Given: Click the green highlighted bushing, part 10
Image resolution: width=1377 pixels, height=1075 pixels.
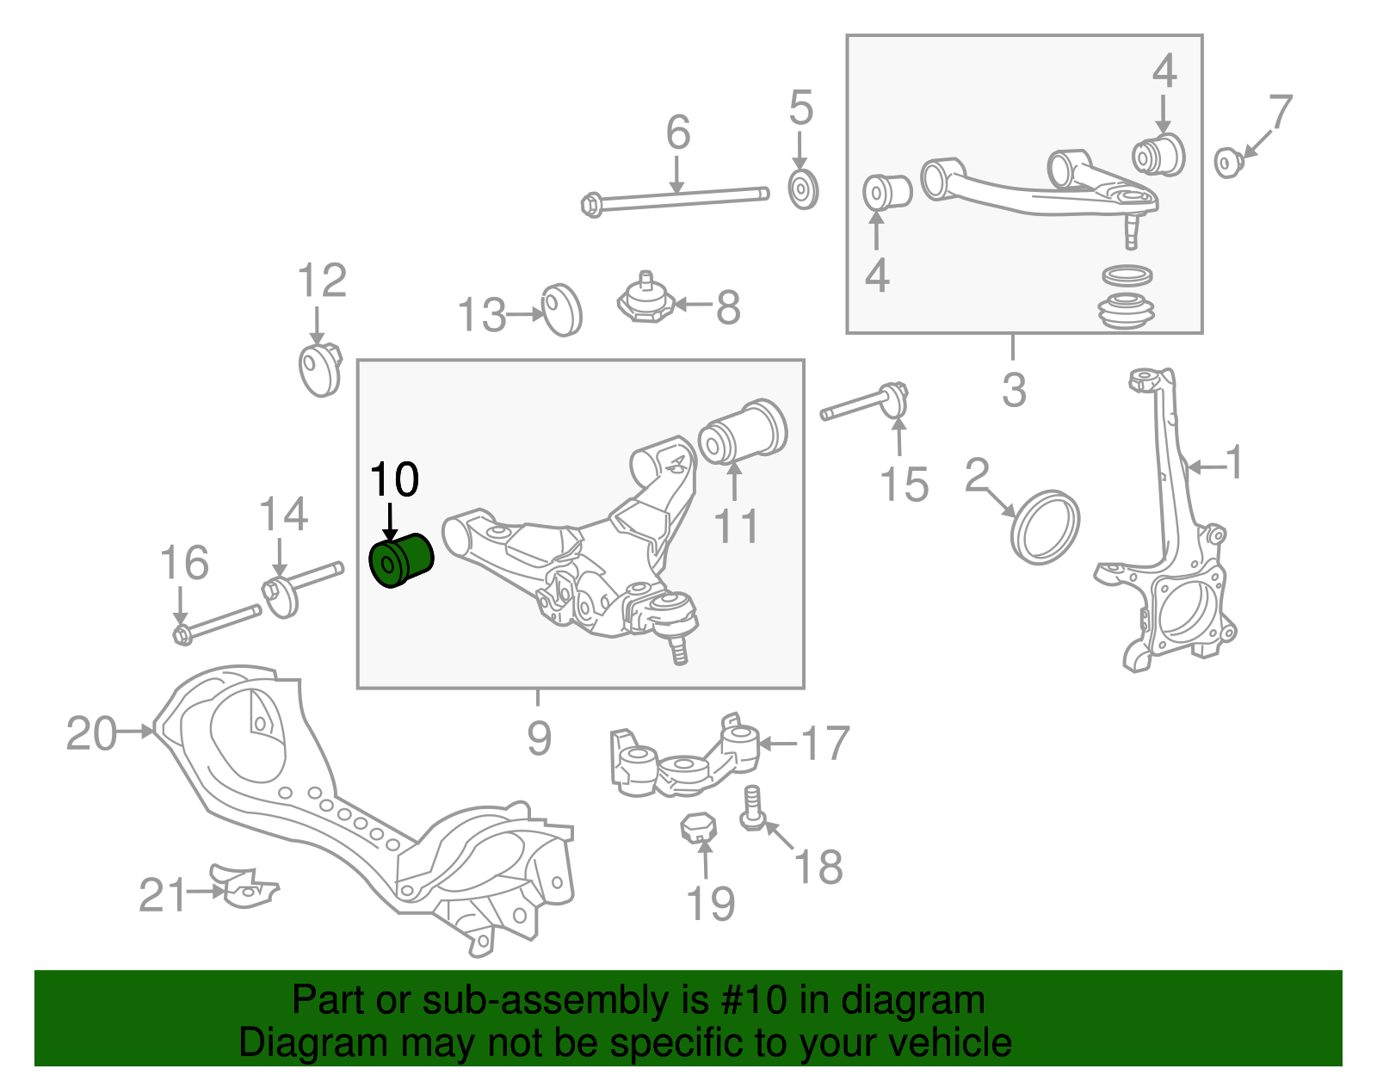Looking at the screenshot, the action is (x=400, y=559).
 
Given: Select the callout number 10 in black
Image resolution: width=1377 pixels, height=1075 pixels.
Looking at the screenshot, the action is (x=394, y=479).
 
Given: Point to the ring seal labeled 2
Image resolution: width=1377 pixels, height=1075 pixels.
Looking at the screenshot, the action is (x=1046, y=528).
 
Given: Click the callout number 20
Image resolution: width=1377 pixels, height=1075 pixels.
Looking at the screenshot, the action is (x=91, y=734).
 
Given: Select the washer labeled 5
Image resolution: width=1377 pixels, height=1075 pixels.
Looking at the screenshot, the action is (x=803, y=189).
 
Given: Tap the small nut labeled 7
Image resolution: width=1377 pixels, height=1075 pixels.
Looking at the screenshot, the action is (x=1227, y=162).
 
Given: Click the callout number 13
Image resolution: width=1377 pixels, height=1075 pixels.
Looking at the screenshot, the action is (x=481, y=315).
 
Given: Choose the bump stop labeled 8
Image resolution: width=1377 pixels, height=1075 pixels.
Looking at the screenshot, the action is (x=645, y=300).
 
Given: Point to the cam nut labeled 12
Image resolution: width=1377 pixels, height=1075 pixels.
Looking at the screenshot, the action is (x=319, y=369).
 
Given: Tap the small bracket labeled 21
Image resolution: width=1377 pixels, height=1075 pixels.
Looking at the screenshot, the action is (x=244, y=887).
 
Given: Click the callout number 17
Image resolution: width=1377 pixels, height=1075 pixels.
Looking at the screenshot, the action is (x=824, y=744).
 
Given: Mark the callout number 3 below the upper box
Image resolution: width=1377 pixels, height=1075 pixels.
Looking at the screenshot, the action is (x=1014, y=390).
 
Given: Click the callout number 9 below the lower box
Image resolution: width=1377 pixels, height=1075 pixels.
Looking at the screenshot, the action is (x=539, y=738).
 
